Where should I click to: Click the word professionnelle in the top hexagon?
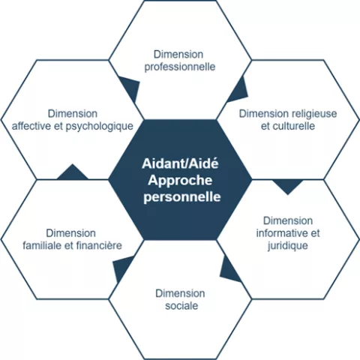[x=180, y=67]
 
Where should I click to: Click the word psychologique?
[x=100, y=127]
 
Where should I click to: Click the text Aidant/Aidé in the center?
[x=180, y=163]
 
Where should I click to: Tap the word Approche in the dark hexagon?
[x=180, y=181]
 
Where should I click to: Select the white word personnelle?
[x=182, y=196]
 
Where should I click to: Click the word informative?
[x=281, y=233]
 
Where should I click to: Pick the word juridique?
[x=287, y=246]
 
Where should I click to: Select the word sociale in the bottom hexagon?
[x=181, y=306]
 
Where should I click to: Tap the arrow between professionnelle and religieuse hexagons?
[x=238, y=90]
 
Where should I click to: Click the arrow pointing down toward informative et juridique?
[x=288, y=185]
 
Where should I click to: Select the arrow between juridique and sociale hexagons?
[x=229, y=269]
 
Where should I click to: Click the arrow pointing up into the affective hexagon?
[x=73, y=173]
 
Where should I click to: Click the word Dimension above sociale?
[x=180, y=293]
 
